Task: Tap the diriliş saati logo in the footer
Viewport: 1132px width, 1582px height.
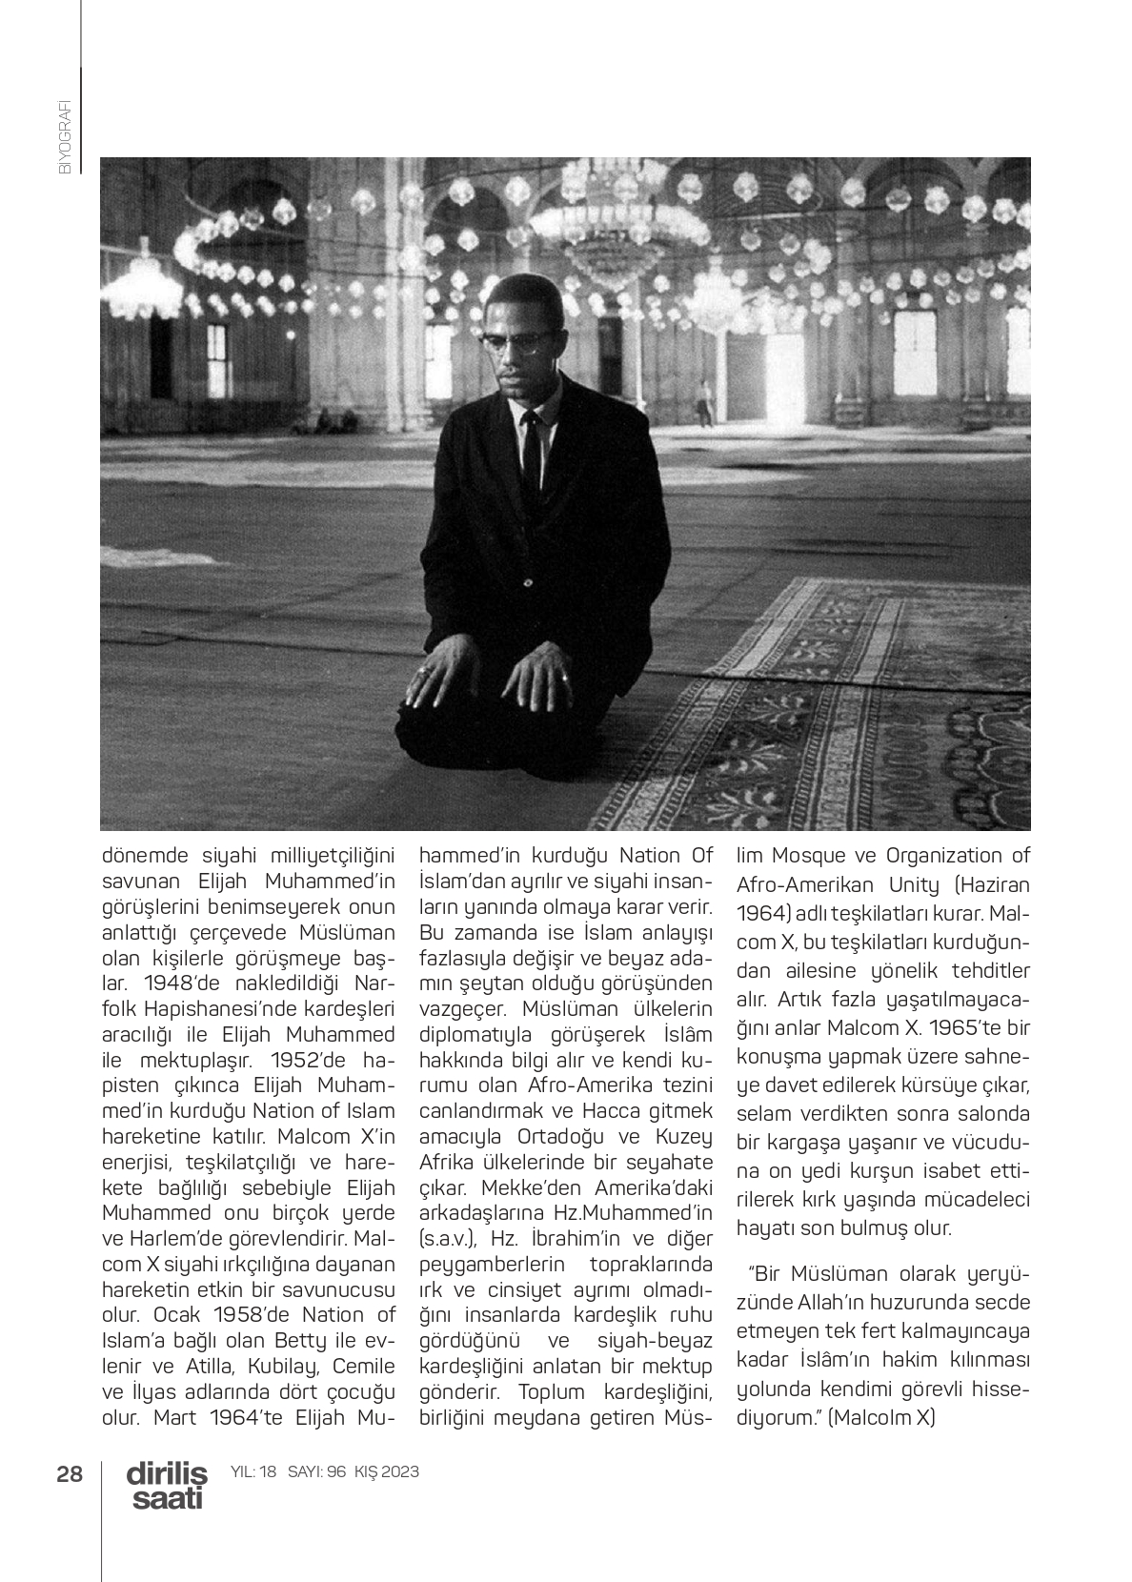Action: point(166,1486)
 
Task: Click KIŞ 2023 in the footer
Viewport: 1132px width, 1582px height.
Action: point(386,1472)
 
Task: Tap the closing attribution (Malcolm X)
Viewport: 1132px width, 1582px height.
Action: point(881,1417)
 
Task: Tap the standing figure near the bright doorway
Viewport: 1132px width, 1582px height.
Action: point(704,401)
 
